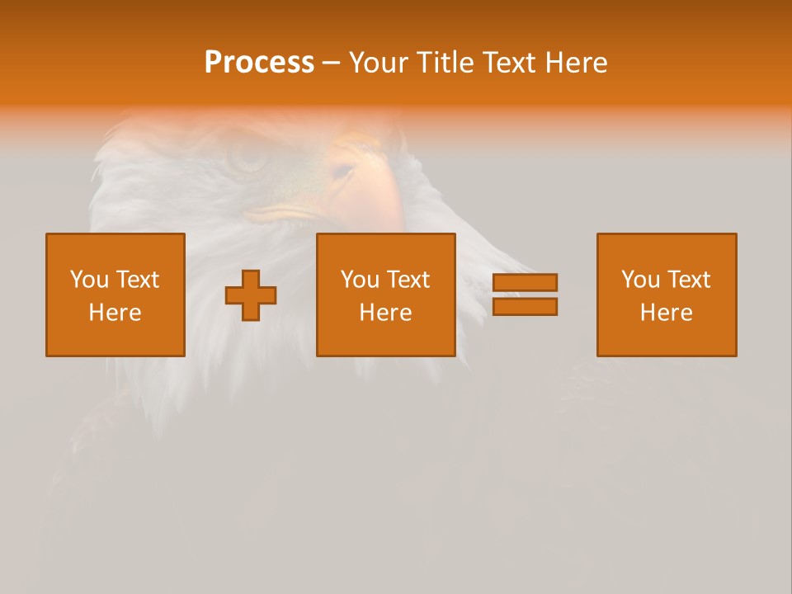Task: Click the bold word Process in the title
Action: pos(259,63)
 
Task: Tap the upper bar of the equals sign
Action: pos(525,282)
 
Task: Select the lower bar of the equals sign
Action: pos(525,306)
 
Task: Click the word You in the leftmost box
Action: pos(89,280)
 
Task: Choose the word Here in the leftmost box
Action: pos(115,313)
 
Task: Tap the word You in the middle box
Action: pos(360,280)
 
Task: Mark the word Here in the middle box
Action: pos(385,313)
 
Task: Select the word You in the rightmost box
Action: pos(640,280)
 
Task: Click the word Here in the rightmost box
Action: pos(666,313)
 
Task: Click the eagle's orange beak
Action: pos(371,190)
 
